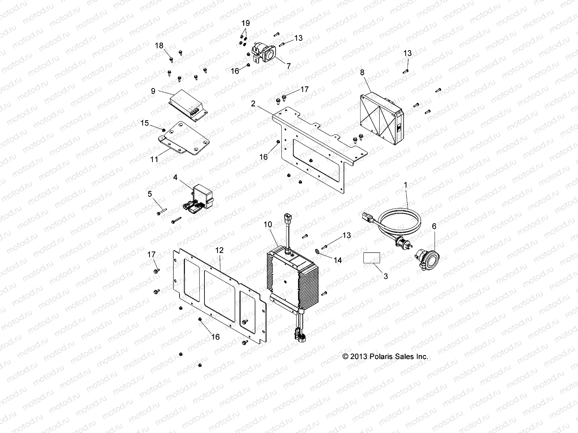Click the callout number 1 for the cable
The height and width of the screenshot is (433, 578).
(406, 185)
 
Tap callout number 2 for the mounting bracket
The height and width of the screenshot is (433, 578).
(253, 104)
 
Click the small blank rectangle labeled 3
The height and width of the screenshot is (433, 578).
(371, 258)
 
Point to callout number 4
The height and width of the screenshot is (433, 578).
(175, 177)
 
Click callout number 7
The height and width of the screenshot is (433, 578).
(288, 66)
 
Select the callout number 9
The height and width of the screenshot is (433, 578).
(153, 91)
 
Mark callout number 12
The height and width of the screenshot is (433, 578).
(219, 250)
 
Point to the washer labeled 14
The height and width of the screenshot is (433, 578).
(317, 251)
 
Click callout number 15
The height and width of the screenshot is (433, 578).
(144, 123)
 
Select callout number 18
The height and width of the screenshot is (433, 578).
(159, 45)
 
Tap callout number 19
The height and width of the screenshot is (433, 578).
(245, 23)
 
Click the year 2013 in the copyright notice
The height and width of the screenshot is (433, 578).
(359, 357)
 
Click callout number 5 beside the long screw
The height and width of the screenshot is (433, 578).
(150, 194)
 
